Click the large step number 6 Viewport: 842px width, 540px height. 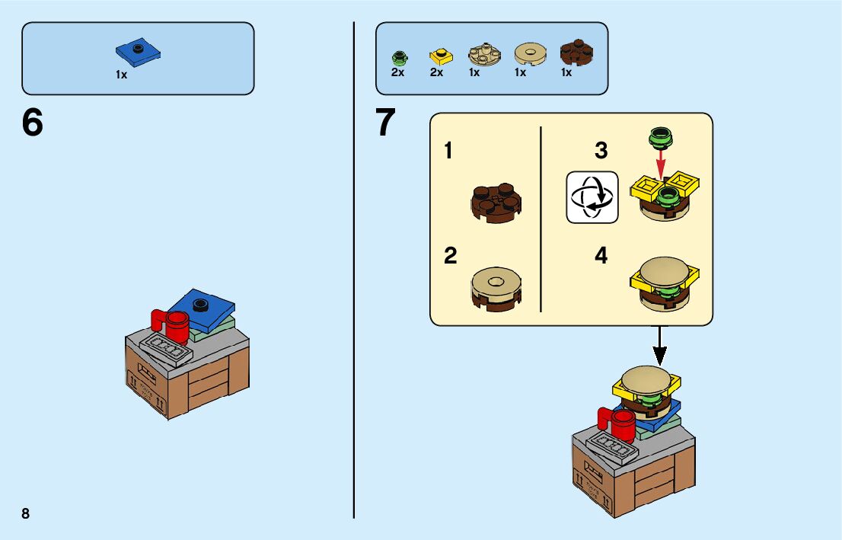33,123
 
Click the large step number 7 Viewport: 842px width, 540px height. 386,123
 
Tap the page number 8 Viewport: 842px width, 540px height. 26,513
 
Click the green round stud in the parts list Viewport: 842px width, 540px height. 397,57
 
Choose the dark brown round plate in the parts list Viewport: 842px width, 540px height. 576,53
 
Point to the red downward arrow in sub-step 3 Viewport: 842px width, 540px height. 661,163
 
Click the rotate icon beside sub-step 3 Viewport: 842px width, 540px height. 592,197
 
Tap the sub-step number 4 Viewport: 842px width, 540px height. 601,257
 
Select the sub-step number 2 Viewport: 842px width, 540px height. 451,257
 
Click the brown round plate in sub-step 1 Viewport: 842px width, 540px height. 497,202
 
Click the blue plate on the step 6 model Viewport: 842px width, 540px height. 199,308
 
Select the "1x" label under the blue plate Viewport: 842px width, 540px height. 122,75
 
